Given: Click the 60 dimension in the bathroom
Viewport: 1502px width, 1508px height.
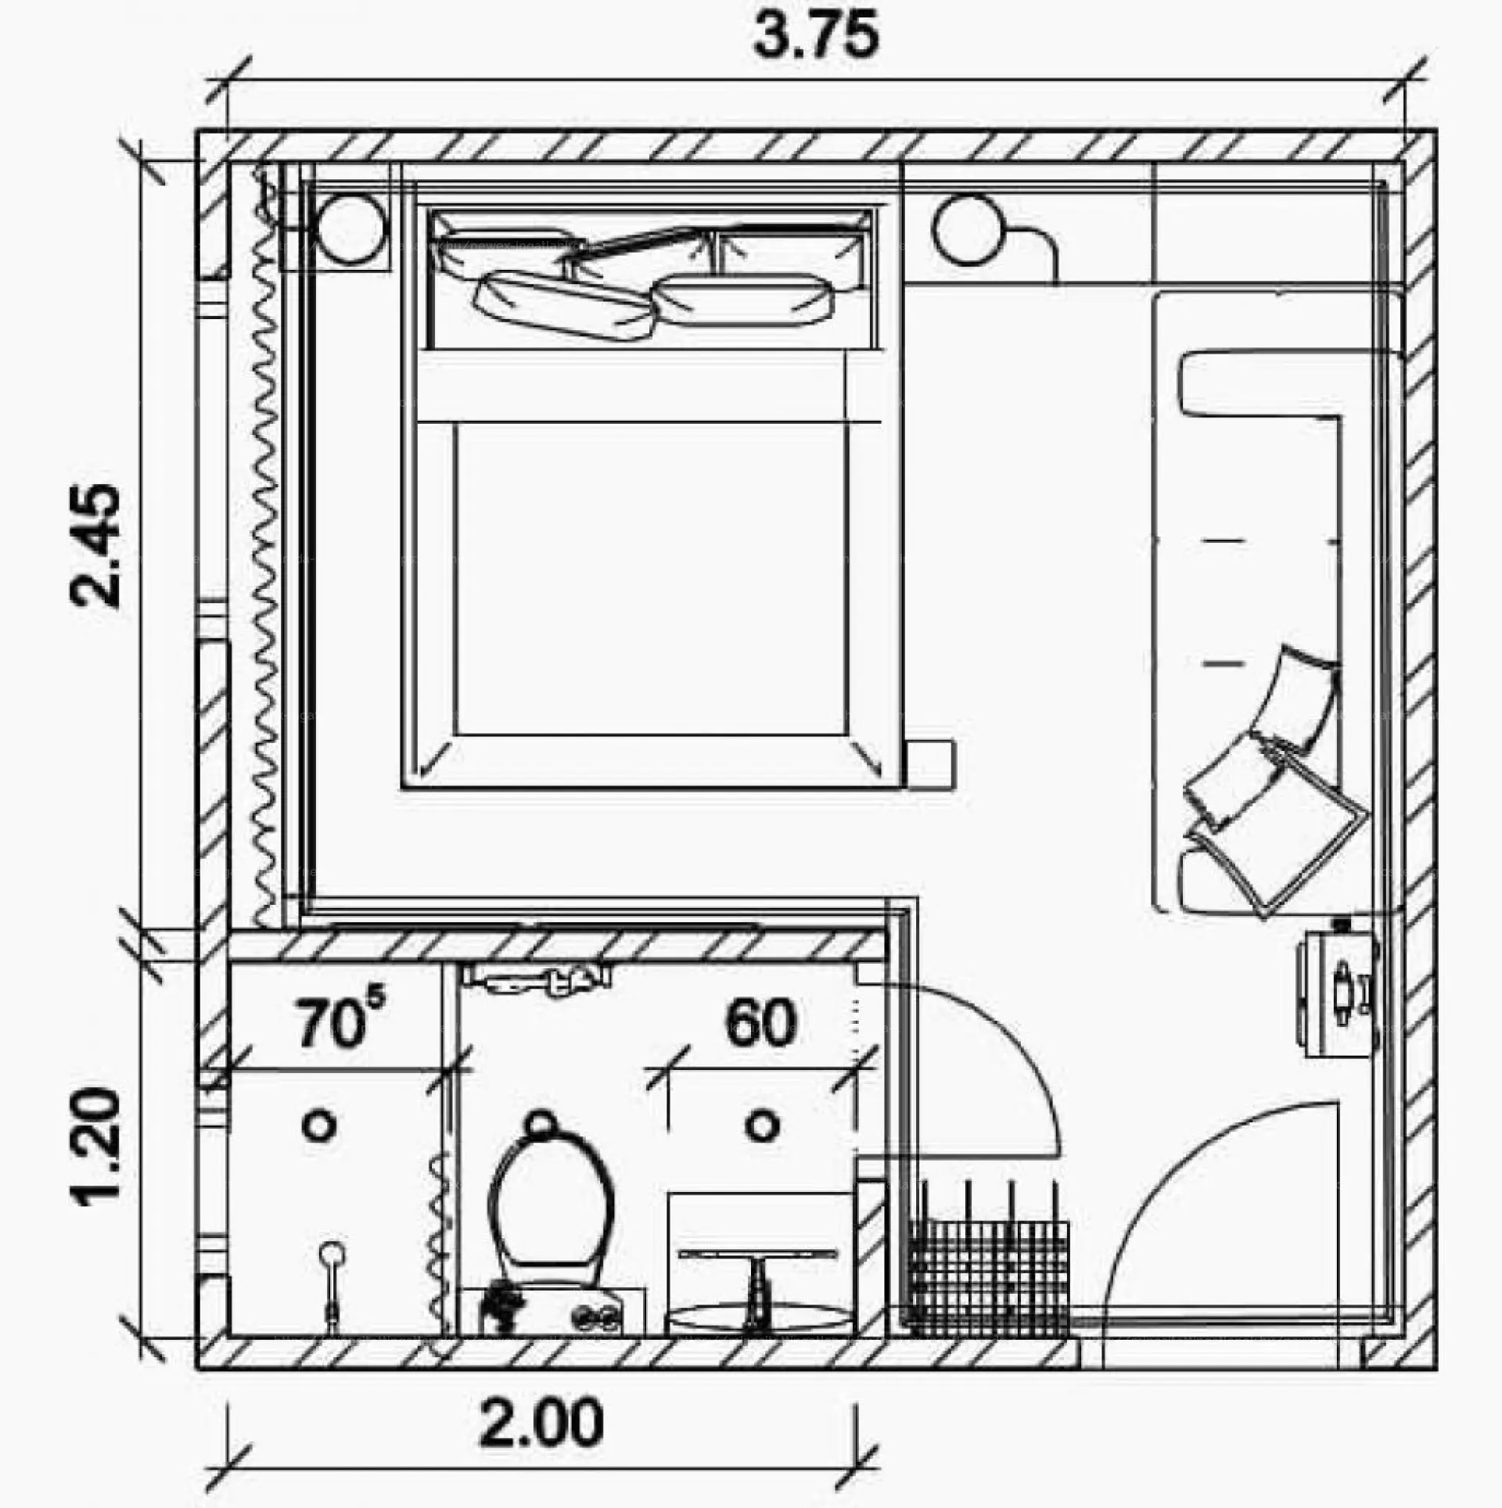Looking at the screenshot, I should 760,1023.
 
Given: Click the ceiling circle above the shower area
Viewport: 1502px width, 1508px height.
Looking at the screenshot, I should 319,1126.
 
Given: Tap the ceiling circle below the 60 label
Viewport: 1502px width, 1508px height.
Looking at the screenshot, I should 761,1126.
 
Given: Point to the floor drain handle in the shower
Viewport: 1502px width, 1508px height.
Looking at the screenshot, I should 332,1283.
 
